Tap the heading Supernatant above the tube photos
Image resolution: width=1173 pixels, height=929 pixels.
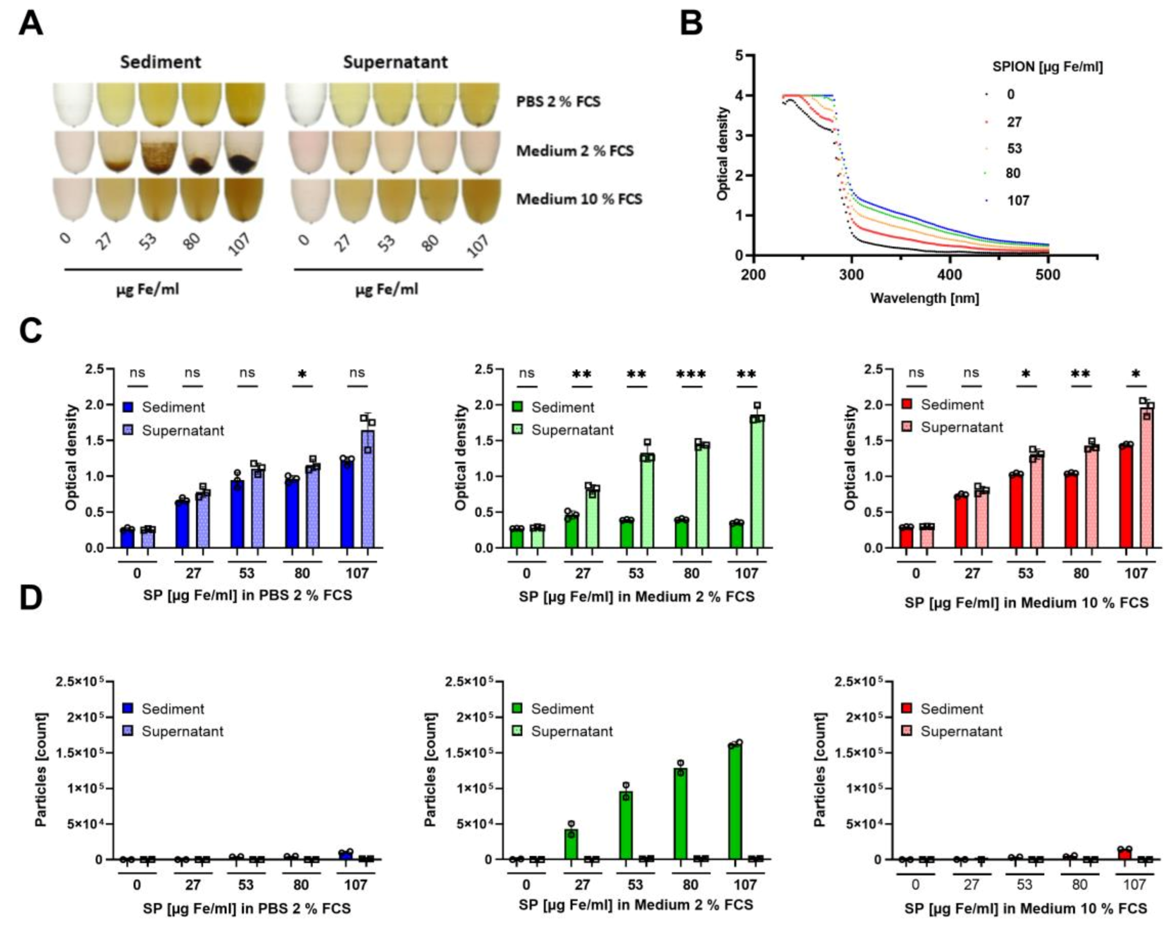(x=395, y=62)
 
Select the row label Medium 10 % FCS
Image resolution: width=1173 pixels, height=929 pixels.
(x=579, y=199)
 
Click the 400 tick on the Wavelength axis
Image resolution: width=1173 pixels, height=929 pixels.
(x=950, y=275)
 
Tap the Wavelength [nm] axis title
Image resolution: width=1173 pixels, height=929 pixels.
(x=924, y=298)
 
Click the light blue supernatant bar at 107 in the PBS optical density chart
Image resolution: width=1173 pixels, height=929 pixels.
(x=368, y=489)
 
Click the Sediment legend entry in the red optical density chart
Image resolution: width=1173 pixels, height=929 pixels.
(x=952, y=405)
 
